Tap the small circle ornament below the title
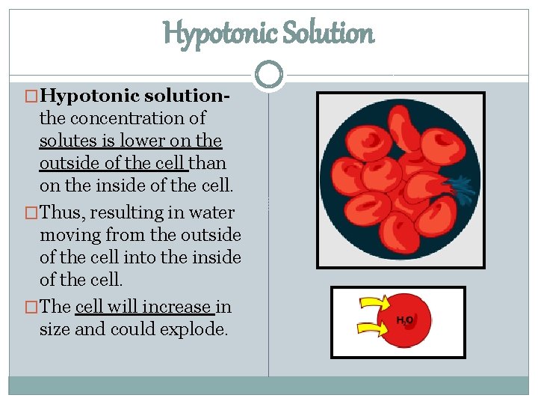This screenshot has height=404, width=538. click(269, 74)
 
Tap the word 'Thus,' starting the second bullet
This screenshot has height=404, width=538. click(64, 212)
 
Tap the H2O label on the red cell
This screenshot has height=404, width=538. click(405, 320)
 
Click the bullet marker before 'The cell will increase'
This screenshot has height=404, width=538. click(31, 307)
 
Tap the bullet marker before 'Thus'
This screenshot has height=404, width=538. click(31, 213)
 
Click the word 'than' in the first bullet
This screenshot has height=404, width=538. click(209, 163)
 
